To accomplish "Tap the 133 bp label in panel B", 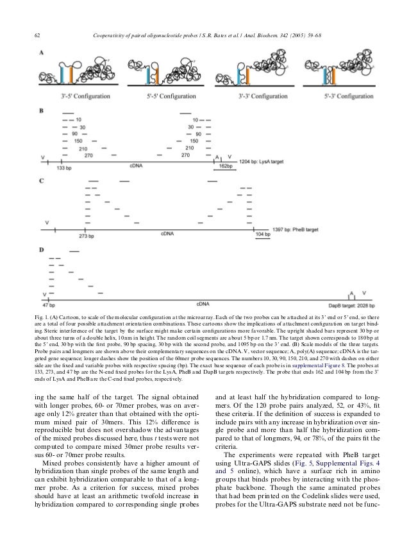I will click(64, 167).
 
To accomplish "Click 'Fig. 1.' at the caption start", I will click(46, 319).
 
